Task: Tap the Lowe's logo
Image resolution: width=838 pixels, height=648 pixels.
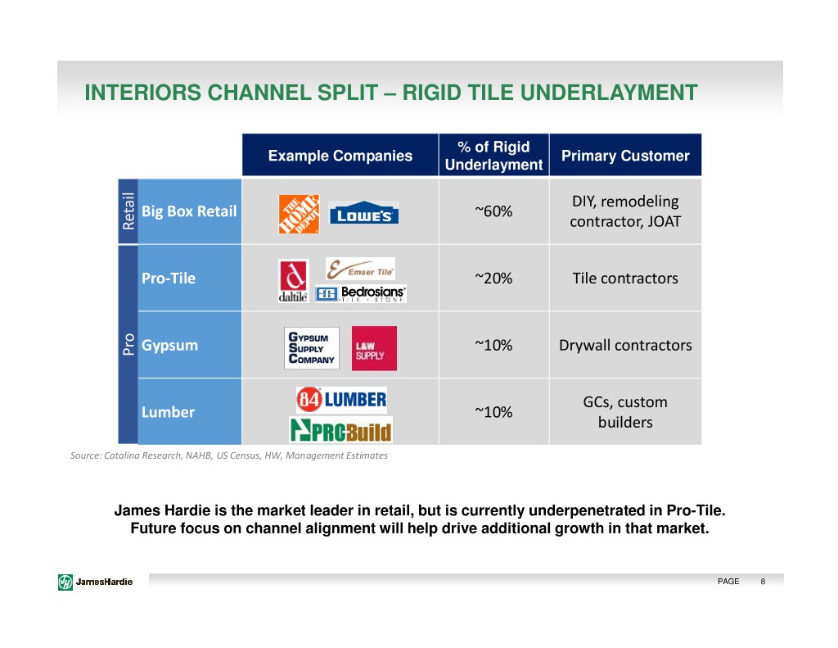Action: pos(363,214)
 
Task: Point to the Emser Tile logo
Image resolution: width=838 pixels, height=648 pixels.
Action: pos(360,269)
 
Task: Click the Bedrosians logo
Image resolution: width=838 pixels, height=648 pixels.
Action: pos(361,294)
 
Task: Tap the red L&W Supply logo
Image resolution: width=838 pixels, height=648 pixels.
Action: pos(374,348)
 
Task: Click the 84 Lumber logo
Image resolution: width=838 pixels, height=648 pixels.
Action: pos(341,400)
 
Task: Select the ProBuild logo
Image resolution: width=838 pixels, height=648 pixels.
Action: pos(340,429)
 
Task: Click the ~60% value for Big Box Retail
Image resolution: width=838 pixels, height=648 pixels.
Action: pos(493,211)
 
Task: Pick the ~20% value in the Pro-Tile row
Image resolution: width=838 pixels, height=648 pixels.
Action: pos(493,278)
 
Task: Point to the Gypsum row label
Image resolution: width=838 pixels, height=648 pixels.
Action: pos(169,345)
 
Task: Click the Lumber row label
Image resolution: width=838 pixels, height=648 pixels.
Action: pos(168,412)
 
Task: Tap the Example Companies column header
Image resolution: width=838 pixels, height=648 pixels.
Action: pos(340,156)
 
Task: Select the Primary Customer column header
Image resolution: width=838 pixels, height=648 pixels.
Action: pos(625,156)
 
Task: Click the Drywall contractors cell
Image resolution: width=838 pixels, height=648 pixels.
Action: pos(625,345)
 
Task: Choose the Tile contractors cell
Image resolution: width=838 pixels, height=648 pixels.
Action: pos(625,278)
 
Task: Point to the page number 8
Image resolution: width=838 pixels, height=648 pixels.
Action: pos(763,582)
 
